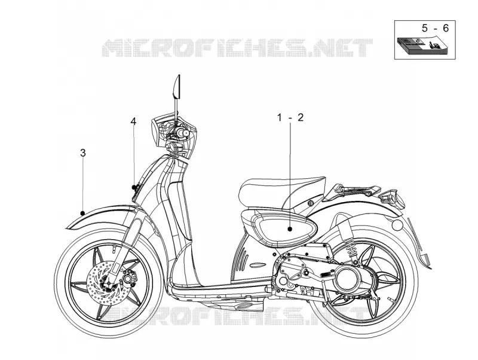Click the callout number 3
83,153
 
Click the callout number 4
133,121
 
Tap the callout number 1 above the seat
280,117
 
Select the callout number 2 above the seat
301,117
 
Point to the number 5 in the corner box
425,28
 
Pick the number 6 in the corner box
446,28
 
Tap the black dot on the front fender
82,213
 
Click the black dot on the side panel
290,229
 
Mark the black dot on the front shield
133,187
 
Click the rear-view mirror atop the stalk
177,87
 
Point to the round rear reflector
397,225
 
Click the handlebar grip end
185,133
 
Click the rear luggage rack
353,190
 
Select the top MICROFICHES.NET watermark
237,48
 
